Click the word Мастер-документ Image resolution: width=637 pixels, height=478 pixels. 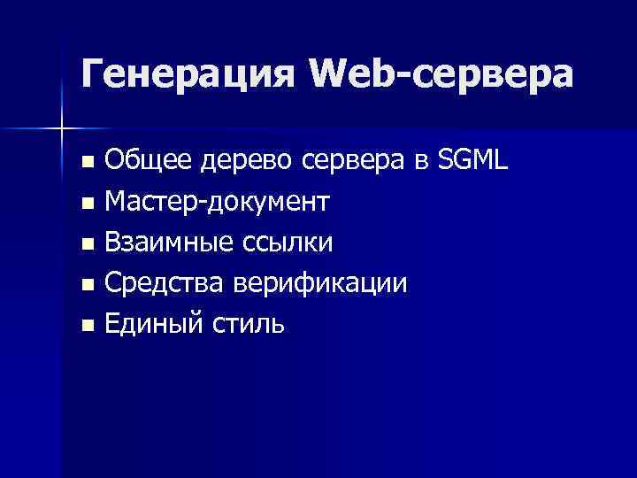(x=217, y=203)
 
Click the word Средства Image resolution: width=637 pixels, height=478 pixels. (x=165, y=284)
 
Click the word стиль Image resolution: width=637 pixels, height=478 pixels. (x=248, y=325)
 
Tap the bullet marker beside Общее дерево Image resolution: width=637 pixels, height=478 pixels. (x=86, y=163)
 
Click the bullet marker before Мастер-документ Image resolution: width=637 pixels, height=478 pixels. (x=86, y=204)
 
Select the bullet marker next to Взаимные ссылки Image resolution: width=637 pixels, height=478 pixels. (x=86, y=244)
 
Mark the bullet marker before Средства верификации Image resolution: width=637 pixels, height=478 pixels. (x=86, y=285)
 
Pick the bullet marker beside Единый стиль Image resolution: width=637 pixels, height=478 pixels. (x=86, y=326)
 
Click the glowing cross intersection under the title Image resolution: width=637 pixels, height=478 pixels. (x=61, y=129)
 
